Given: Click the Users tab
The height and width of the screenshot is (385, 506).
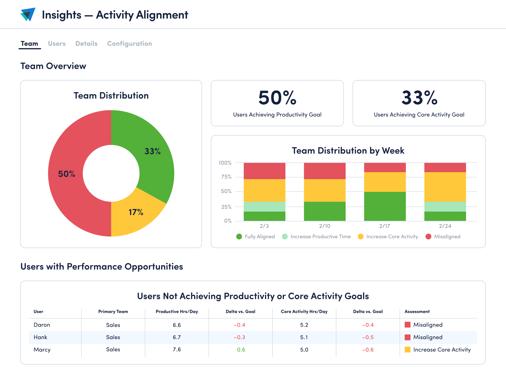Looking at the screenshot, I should coord(57,44).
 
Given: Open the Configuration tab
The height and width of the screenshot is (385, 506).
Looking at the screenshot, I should coord(129,44).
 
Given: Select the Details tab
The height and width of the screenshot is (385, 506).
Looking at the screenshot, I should coord(86,44).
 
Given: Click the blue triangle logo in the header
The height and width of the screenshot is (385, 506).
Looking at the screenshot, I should coord(28,15).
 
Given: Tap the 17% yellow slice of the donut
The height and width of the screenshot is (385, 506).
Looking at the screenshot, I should coord(136,212).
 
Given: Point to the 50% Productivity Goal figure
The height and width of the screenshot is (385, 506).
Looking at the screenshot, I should coord(277,98).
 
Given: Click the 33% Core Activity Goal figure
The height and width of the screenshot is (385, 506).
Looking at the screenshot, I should coord(419,98).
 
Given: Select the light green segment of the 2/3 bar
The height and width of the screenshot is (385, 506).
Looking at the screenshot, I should coord(264,207).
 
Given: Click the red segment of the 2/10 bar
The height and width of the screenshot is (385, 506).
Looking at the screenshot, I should coord(325,171).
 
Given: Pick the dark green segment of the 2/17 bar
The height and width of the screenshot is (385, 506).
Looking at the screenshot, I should coord(385,206).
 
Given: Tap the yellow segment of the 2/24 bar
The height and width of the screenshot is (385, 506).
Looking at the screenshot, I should coord(445,187).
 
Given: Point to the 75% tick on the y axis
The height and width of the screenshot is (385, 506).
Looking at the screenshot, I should coord(226,177).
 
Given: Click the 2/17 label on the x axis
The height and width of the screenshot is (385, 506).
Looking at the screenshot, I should coord(385,226).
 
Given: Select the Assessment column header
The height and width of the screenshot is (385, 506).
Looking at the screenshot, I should coord(417,312).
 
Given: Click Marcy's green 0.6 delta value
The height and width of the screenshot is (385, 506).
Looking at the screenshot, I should coord(241,350).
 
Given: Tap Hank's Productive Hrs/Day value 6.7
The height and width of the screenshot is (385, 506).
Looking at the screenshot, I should coord(177,337).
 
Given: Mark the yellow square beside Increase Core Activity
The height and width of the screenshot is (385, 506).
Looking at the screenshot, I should coord(407,350).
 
